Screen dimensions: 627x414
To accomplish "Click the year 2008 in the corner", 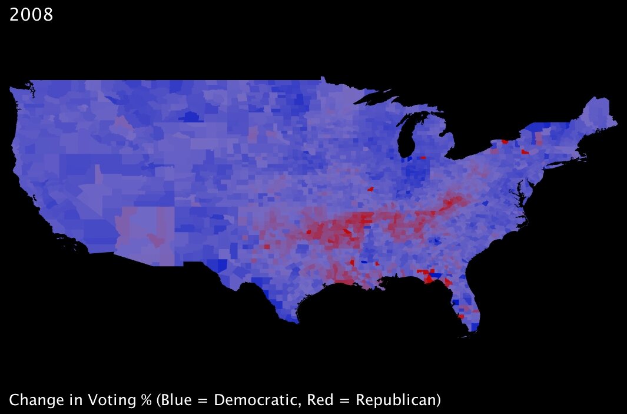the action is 31,15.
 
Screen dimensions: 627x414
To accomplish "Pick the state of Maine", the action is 598,115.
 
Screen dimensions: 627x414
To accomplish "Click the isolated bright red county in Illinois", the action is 370,189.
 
